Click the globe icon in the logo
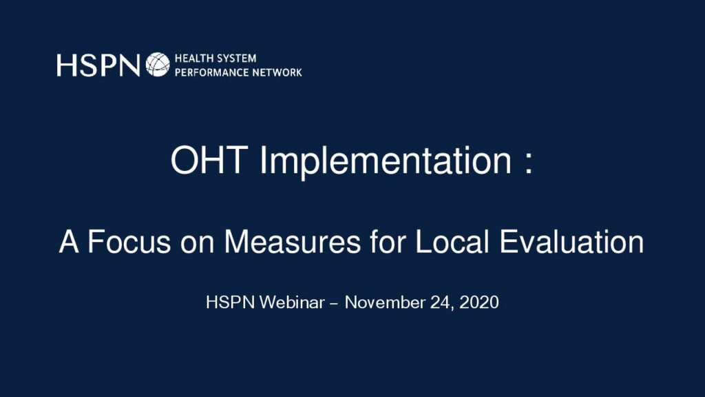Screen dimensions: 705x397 click(158, 64)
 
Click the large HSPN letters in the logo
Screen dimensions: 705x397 click(98, 65)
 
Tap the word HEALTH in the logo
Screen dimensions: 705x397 click(193, 59)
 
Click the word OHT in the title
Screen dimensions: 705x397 click(209, 160)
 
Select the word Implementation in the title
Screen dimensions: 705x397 click(386, 162)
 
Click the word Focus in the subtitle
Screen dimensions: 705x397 click(129, 242)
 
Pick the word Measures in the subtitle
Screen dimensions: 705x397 click(292, 242)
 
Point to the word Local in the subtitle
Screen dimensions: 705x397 click(452, 242)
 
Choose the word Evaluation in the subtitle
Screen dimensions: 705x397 click(571, 242)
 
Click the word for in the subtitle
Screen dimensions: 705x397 click(387, 242)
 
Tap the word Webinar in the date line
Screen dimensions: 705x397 click(292, 302)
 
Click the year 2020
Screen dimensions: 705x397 click(479, 302)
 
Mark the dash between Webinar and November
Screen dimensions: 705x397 click(334, 304)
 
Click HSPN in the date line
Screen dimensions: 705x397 click(231, 302)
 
